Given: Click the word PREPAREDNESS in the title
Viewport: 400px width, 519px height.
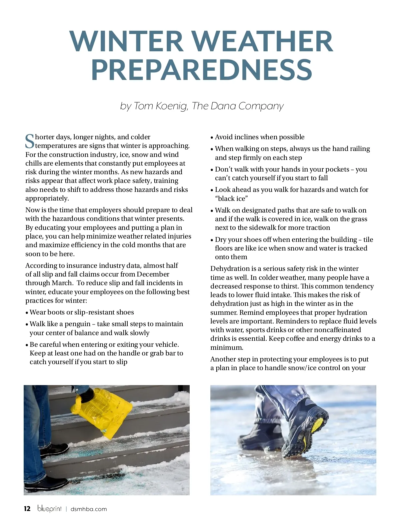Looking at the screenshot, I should point(202,70).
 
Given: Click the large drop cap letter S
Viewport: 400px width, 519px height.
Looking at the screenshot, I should point(30,141).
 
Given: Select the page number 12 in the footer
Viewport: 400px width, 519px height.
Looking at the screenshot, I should point(27,509).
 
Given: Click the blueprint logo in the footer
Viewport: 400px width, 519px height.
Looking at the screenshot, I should point(49,508).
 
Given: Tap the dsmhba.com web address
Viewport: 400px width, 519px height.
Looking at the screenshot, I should point(89,509).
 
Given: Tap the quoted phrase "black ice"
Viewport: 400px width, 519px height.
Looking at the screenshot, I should point(231,199).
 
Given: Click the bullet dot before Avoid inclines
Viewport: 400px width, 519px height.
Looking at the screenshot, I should point(212,138).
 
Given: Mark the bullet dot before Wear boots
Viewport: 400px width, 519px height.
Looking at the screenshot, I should point(27,313).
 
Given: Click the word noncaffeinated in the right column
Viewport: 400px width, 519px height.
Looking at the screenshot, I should point(337,330).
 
